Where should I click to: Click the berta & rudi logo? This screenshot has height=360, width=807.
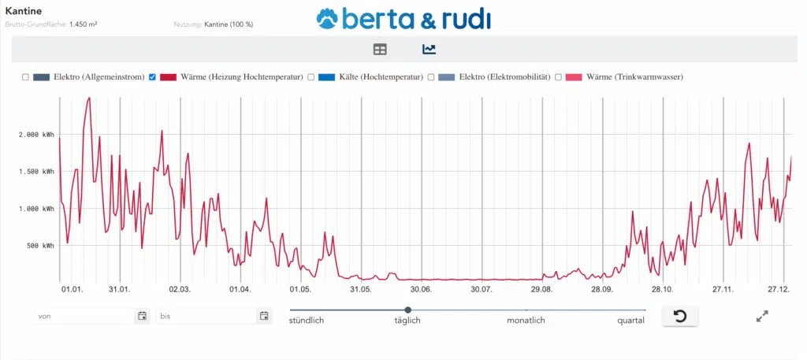point(403,19)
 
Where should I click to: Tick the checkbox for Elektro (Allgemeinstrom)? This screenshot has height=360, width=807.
point(25,77)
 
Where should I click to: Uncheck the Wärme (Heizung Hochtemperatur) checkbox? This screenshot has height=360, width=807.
point(153,77)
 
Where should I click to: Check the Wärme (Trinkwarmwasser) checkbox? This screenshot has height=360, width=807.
point(558,77)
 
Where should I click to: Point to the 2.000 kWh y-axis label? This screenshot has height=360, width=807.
point(36,135)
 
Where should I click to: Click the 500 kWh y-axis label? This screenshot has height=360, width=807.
point(39,246)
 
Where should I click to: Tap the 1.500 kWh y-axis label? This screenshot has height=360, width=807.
point(36,172)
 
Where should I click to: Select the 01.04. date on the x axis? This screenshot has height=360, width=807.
point(240,289)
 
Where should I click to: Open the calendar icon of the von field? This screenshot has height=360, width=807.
point(143,316)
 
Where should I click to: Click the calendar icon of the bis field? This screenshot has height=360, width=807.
point(264,316)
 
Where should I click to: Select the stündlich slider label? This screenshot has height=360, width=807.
point(307,321)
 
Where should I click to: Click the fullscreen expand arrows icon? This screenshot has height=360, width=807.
point(762,316)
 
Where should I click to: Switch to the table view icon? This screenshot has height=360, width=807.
point(380,50)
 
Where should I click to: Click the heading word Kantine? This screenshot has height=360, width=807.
point(24,11)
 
